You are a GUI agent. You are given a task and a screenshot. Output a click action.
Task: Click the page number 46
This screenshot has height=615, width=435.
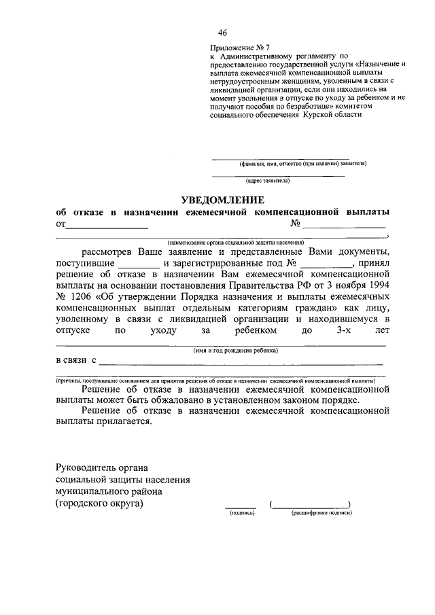223,33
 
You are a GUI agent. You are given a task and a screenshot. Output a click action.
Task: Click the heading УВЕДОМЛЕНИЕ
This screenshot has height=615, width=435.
222,200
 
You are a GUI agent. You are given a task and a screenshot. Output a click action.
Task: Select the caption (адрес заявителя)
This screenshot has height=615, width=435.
268,181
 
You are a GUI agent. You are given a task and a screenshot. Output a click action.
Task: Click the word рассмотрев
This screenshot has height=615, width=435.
109,253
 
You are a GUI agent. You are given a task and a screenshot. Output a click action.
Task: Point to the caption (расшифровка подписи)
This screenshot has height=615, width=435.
321,513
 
